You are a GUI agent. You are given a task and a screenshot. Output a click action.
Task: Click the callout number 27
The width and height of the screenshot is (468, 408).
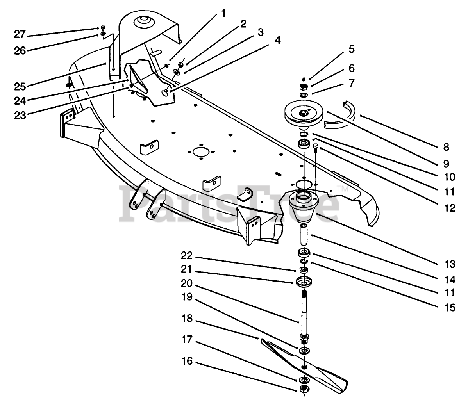(x=19, y=35)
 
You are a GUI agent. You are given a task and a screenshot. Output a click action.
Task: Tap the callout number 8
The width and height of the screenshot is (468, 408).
(x=446, y=147)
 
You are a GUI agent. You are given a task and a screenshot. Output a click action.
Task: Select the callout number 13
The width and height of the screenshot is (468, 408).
(x=450, y=264)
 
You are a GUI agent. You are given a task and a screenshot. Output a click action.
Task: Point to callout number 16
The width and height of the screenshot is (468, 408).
(x=187, y=361)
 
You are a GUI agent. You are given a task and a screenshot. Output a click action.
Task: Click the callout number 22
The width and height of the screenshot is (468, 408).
(x=187, y=257)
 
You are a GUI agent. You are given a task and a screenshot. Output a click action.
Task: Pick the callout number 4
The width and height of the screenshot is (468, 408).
(x=278, y=40)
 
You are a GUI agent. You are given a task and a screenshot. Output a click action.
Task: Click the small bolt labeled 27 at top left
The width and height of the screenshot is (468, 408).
(x=103, y=27)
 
